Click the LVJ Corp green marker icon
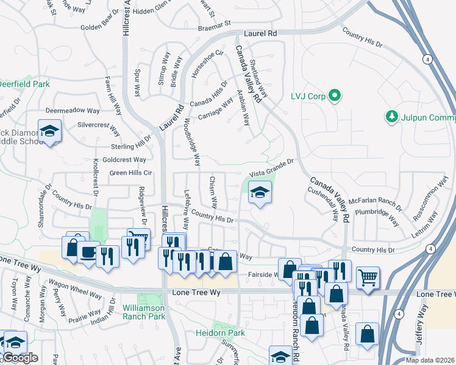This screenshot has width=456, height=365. [x=334, y=96]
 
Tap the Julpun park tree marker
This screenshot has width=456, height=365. [x=391, y=116]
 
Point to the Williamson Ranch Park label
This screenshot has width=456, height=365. [x=144, y=312]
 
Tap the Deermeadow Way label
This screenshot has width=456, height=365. [x=73, y=111]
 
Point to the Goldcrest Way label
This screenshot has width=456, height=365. [x=124, y=159]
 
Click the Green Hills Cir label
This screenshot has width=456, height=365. [x=130, y=173]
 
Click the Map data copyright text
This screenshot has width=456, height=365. [x=430, y=360]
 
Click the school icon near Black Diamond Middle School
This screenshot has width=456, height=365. [x=49, y=131]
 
